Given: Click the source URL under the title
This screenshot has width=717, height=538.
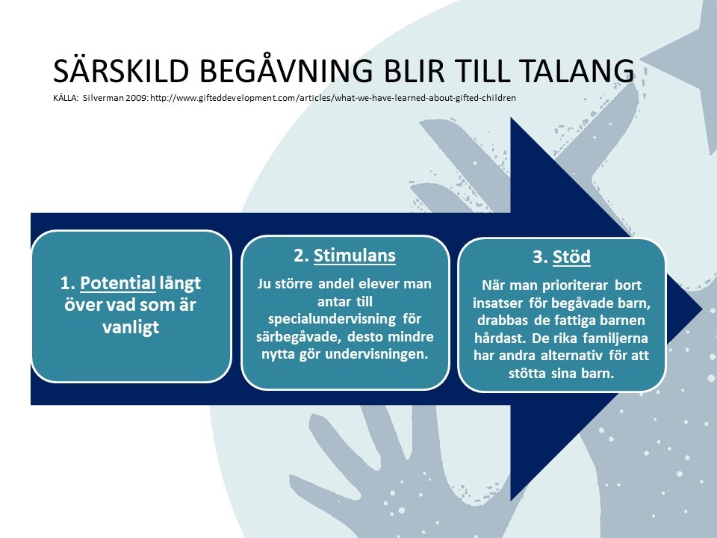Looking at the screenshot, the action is tap(333, 98).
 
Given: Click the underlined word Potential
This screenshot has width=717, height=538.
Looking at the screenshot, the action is tap(118, 283).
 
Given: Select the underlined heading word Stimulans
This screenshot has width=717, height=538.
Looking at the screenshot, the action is tap(354, 256).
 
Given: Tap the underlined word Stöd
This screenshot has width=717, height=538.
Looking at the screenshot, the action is tap(571, 256).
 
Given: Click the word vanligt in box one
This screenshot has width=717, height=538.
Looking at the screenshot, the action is tap(131, 327).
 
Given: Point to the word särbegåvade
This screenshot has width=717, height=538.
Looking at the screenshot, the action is tap(299, 337).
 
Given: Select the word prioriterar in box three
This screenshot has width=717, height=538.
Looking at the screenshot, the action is tap(575, 285).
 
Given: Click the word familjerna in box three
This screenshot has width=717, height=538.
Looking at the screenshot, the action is tap(615, 338).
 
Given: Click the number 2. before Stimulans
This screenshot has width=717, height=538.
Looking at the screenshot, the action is tap(301, 256).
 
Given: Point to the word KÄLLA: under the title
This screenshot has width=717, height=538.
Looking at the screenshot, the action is tap(66, 97).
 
